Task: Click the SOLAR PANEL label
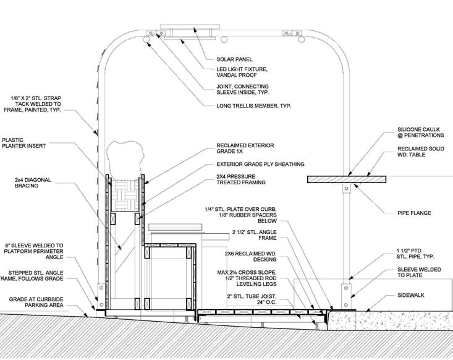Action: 234,59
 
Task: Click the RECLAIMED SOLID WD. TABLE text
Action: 420,153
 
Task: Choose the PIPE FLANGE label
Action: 413,213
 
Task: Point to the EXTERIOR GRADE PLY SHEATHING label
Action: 261,164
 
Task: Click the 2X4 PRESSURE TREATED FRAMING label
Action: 242,179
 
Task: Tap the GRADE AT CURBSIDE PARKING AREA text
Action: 44,302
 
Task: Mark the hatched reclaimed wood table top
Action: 346,179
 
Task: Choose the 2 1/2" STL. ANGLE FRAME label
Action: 247,235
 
